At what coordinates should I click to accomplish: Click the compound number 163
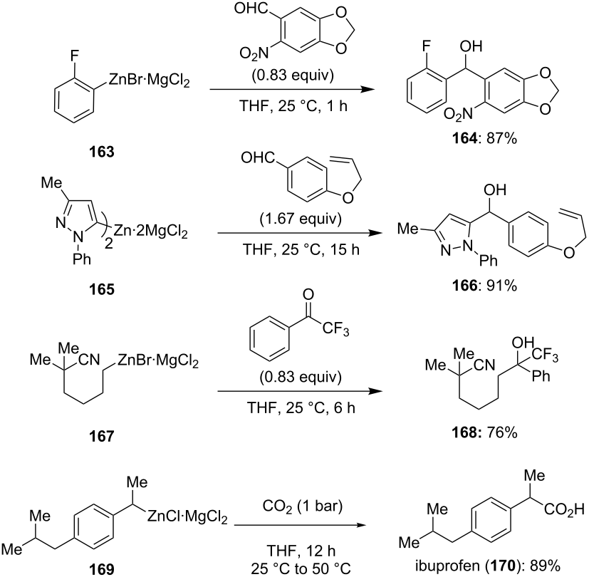click(101, 152)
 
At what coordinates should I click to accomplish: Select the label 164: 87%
click(484, 139)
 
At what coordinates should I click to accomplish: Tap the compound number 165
click(101, 290)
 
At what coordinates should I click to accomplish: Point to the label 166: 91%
click(484, 286)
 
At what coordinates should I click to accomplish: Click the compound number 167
click(101, 436)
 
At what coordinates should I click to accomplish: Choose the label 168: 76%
click(484, 433)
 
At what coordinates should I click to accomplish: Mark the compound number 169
click(101, 569)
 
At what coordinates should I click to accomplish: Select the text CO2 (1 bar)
click(303, 506)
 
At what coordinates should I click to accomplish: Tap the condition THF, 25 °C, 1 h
click(293, 106)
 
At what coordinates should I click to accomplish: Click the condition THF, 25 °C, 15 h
click(301, 249)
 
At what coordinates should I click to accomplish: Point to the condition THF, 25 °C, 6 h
click(301, 407)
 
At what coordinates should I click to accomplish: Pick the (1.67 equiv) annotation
click(301, 219)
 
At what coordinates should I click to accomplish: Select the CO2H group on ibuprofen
click(564, 510)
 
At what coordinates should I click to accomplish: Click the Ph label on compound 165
click(82, 259)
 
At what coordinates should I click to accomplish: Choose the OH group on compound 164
click(471, 46)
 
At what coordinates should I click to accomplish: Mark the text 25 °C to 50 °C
click(301, 569)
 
